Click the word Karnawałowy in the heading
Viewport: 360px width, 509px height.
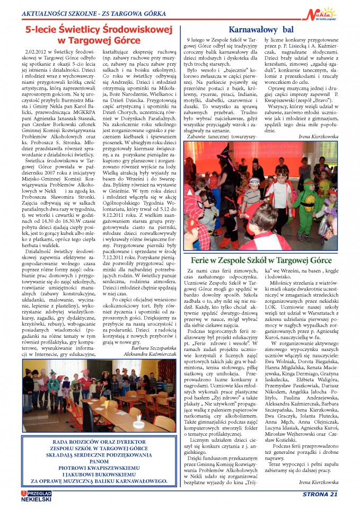coord(251,30)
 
